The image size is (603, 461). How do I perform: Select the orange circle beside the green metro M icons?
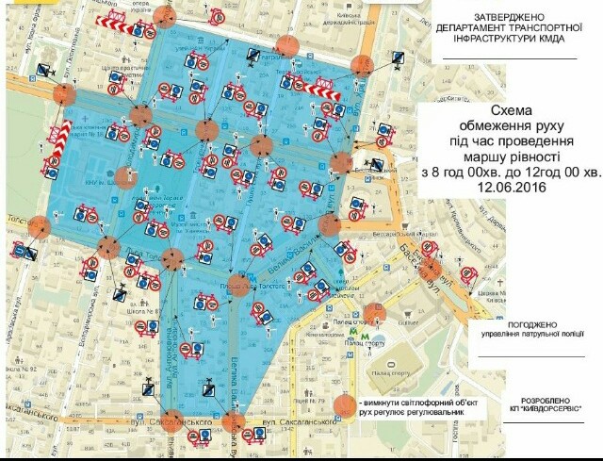coord(376,312)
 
